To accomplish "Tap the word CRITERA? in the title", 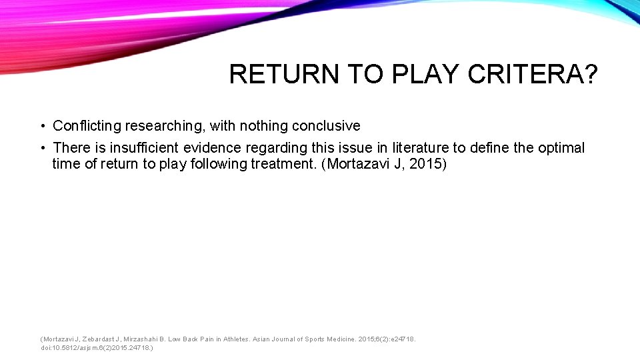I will coord(533,75).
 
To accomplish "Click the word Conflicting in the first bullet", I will coord(86,126).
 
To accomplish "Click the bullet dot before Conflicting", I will coord(41,126).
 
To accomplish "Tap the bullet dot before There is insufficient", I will coord(41,148).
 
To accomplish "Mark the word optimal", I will coord(561,148).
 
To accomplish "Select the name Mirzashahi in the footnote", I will coord(141,339).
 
